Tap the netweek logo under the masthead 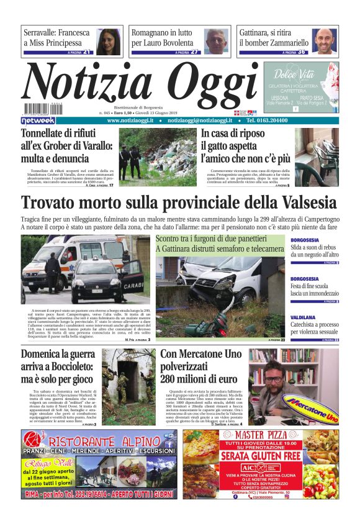tap(38, 121)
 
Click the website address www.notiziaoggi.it tap(130, 121)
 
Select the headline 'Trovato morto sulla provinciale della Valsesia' tap(179, 203)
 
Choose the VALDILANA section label tap(304, 317)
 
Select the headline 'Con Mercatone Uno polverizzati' tap(199, 366)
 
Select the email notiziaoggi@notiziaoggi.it tap(200, 121)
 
